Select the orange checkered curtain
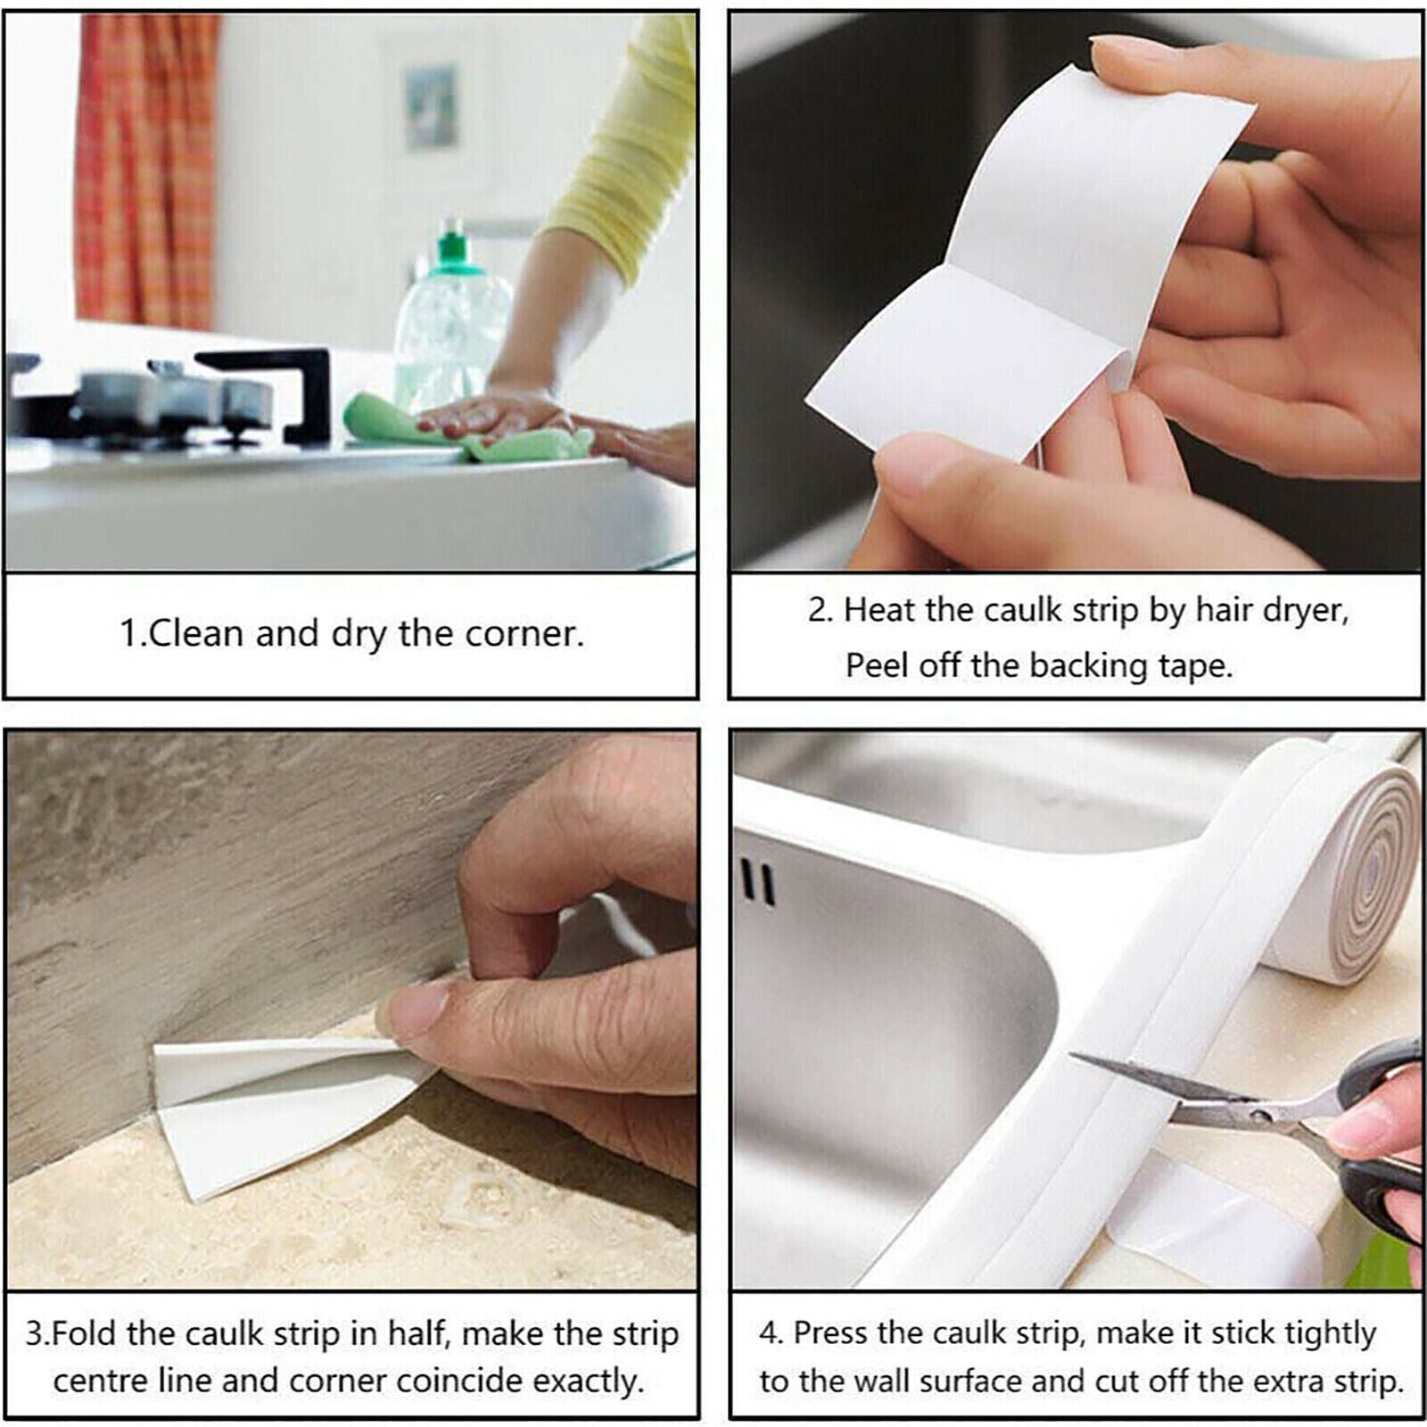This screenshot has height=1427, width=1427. click(143, 169)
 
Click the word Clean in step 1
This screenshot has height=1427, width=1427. click(197, 634)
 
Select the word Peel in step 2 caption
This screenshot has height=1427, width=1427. click(876, 666)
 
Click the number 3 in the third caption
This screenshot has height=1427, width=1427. click(33, 1335)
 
